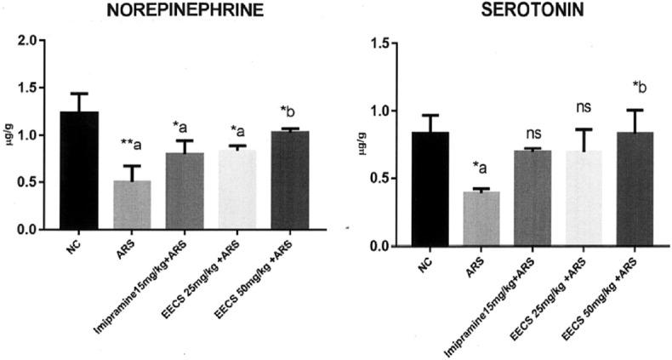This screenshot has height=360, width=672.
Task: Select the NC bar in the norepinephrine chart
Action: (x=84, y=170)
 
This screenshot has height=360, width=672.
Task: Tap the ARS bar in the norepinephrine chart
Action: (x=131, y=205)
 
